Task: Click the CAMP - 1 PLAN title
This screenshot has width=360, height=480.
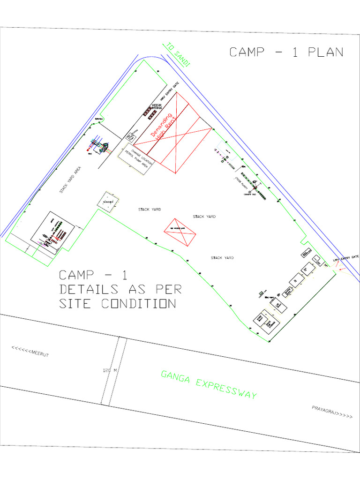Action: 286,52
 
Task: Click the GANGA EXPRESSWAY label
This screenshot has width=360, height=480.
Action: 209,384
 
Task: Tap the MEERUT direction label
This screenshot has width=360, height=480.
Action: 30,352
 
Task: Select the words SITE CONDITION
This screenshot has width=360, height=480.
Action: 117,304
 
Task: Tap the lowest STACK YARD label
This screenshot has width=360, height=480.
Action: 222,258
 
